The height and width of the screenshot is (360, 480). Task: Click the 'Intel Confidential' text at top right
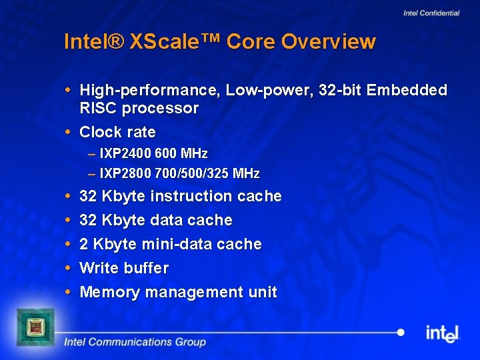431,13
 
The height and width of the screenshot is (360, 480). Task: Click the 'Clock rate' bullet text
117,132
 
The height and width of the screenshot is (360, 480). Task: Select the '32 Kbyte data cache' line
155,220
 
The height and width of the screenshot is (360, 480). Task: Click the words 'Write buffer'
124,268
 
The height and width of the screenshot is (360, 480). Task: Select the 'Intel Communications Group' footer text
135,342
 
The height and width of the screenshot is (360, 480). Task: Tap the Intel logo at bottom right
443,333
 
